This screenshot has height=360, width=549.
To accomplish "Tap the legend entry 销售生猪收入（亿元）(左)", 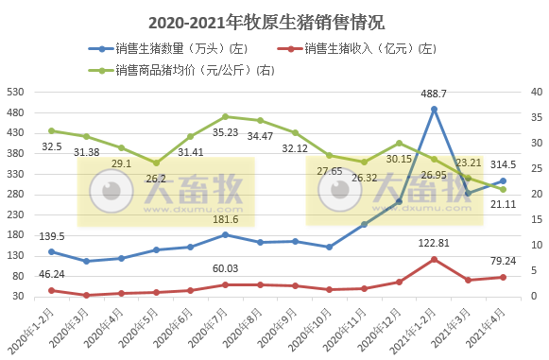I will pos(369,48).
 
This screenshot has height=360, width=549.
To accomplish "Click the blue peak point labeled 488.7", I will pos(434,109).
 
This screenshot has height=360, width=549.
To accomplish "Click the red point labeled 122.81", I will pos(434,259).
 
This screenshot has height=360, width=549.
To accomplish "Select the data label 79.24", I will pos(503,260).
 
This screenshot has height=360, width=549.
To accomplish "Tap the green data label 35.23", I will pos(226,133).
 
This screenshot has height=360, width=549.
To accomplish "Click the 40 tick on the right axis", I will pos(535,93).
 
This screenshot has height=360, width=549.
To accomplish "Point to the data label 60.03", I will pos(225,268).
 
